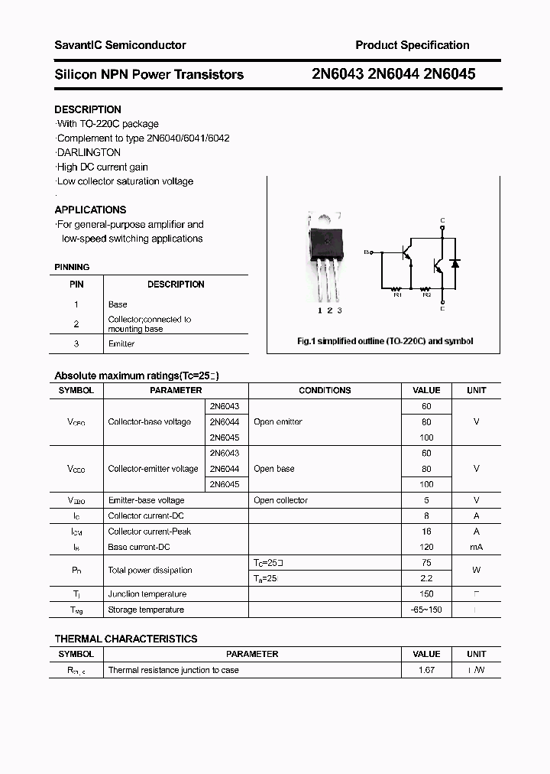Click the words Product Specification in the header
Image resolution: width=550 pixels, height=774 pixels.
pyautogui.click(x=412, y=45)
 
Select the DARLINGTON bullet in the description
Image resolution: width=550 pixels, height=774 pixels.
pyautogui.click(x=89, y=152)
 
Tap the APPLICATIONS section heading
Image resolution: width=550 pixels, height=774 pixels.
pyautogui.click(x=90, y=210)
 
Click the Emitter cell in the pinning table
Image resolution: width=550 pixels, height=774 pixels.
pyautogui.click(x=121, y=344)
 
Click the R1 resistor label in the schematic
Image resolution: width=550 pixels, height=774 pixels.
pyautogui.click(x=397, y=295)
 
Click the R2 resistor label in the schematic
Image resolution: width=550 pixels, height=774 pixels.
pyautogui.click(x=426, y=295)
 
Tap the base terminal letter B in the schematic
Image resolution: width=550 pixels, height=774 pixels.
pyautogui.click(x=366, y=252)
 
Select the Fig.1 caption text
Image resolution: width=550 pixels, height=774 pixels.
pyautogui.click(x=384, y=341)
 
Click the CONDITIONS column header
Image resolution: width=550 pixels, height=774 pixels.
pyautogui.click(x=325, y=390)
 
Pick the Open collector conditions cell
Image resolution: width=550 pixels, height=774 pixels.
pyautogui.click(x=280, y=500)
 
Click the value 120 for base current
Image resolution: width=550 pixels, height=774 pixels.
pyautogui.click(x=426, y=547)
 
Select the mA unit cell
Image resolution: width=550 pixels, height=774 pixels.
pyautogui.click(x=476, y=547)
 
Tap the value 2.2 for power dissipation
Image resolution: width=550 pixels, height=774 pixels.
pyautogui.click(x=426, y=578)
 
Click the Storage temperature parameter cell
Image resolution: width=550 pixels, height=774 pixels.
pyautogui.click(x=146, y=610)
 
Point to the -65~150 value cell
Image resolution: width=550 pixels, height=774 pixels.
pyautogui.click(x=426, y=610)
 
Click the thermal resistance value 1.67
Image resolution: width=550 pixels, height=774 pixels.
pyautogui.click(x=426, y=670)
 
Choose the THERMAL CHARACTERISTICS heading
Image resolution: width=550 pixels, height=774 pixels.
pyautogui.click(x=126, y=639)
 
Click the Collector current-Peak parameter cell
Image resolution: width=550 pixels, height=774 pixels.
pyautogui.click(x=150, y=531)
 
